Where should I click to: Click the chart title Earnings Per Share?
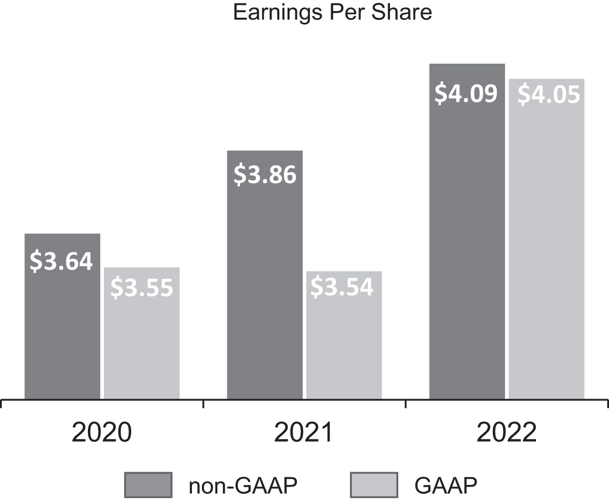(332, 12)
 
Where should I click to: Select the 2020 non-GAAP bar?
(63, 332)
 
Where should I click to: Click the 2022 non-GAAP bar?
(467, 249)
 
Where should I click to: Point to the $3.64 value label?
(62, 261)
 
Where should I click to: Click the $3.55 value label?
(142, 288)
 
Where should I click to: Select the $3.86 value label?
(265, 174)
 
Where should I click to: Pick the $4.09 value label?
(466, 94)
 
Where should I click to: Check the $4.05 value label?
(548, 95)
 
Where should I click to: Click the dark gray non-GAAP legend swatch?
(148, 485)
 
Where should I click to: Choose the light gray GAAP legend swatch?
(374, 485)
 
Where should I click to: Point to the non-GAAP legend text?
(244, 485)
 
